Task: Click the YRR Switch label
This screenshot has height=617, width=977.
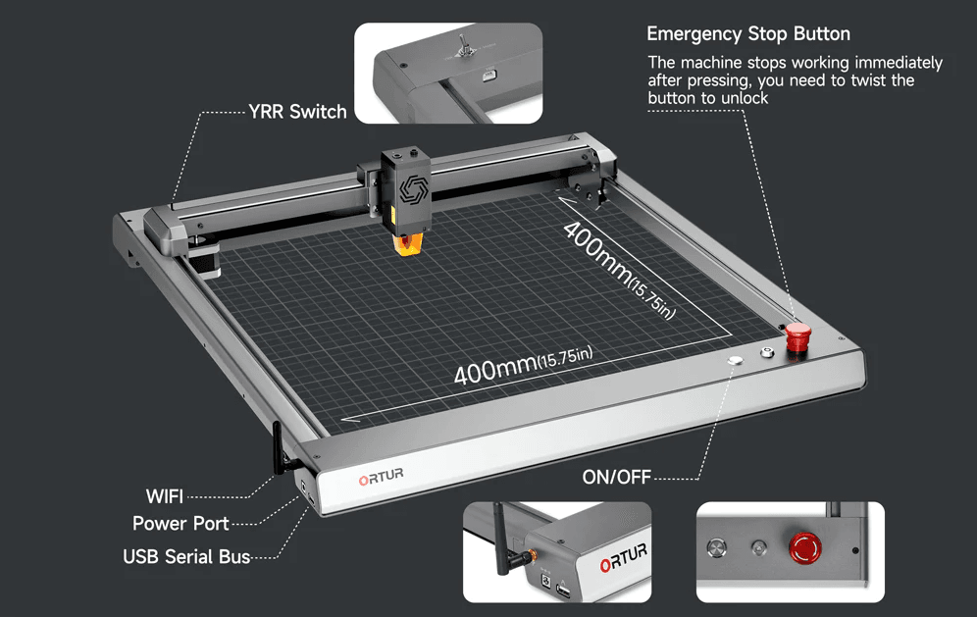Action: click(x=297, y=112)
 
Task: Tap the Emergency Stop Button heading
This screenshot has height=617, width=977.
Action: click(x=748, y=35)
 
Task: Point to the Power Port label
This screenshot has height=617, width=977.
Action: click(x=180, y=524)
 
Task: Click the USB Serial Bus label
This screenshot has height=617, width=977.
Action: click(x=186, y=556)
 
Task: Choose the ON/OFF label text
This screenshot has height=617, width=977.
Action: click(x=616, y=478)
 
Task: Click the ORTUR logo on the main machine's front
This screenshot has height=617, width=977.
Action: click(x=381, y=479)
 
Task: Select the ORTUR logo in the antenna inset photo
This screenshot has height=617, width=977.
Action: click(x=621, y=563)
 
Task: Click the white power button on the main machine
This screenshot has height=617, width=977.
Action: click(x=736, y=360)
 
